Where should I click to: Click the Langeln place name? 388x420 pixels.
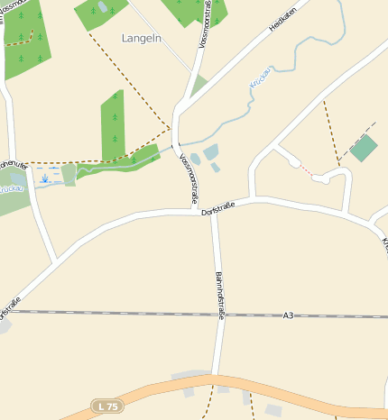[142, 38]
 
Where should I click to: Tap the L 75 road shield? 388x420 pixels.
[106, 406]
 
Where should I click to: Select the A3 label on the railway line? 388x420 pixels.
[288, 315]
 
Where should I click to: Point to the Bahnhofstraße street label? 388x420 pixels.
[218, 296]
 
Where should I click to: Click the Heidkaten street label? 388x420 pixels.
[282, 20]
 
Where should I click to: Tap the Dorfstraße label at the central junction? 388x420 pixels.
[217, 208]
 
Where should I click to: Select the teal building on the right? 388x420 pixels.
[364, 148]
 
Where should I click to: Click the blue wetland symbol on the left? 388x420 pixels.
[44, 178]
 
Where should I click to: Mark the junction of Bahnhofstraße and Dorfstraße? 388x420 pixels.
[213, 214]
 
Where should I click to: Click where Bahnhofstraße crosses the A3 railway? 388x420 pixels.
[217, 315]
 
